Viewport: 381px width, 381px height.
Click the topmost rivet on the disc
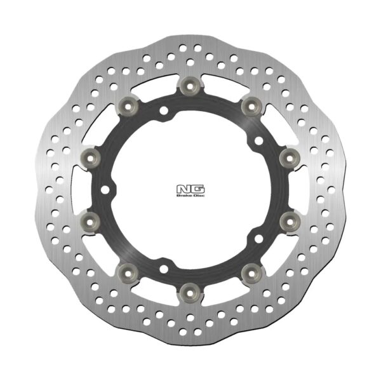coord(188,85)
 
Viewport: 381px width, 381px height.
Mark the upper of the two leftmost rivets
coord(88,156)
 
